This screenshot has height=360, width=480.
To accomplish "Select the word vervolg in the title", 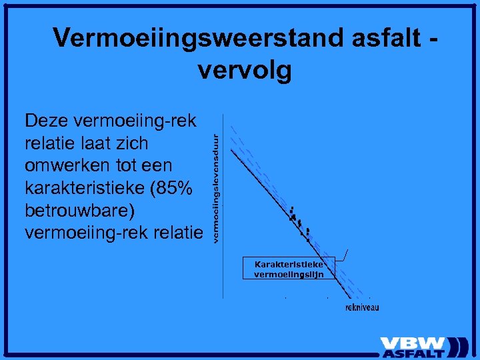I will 245,69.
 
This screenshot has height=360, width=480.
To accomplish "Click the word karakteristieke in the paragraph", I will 85,188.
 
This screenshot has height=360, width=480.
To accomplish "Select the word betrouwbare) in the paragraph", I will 79,211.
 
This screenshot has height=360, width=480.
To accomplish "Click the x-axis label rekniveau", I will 362,307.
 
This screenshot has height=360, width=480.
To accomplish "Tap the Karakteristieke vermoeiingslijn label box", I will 289,269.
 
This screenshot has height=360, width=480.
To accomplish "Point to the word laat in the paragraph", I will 87,143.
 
